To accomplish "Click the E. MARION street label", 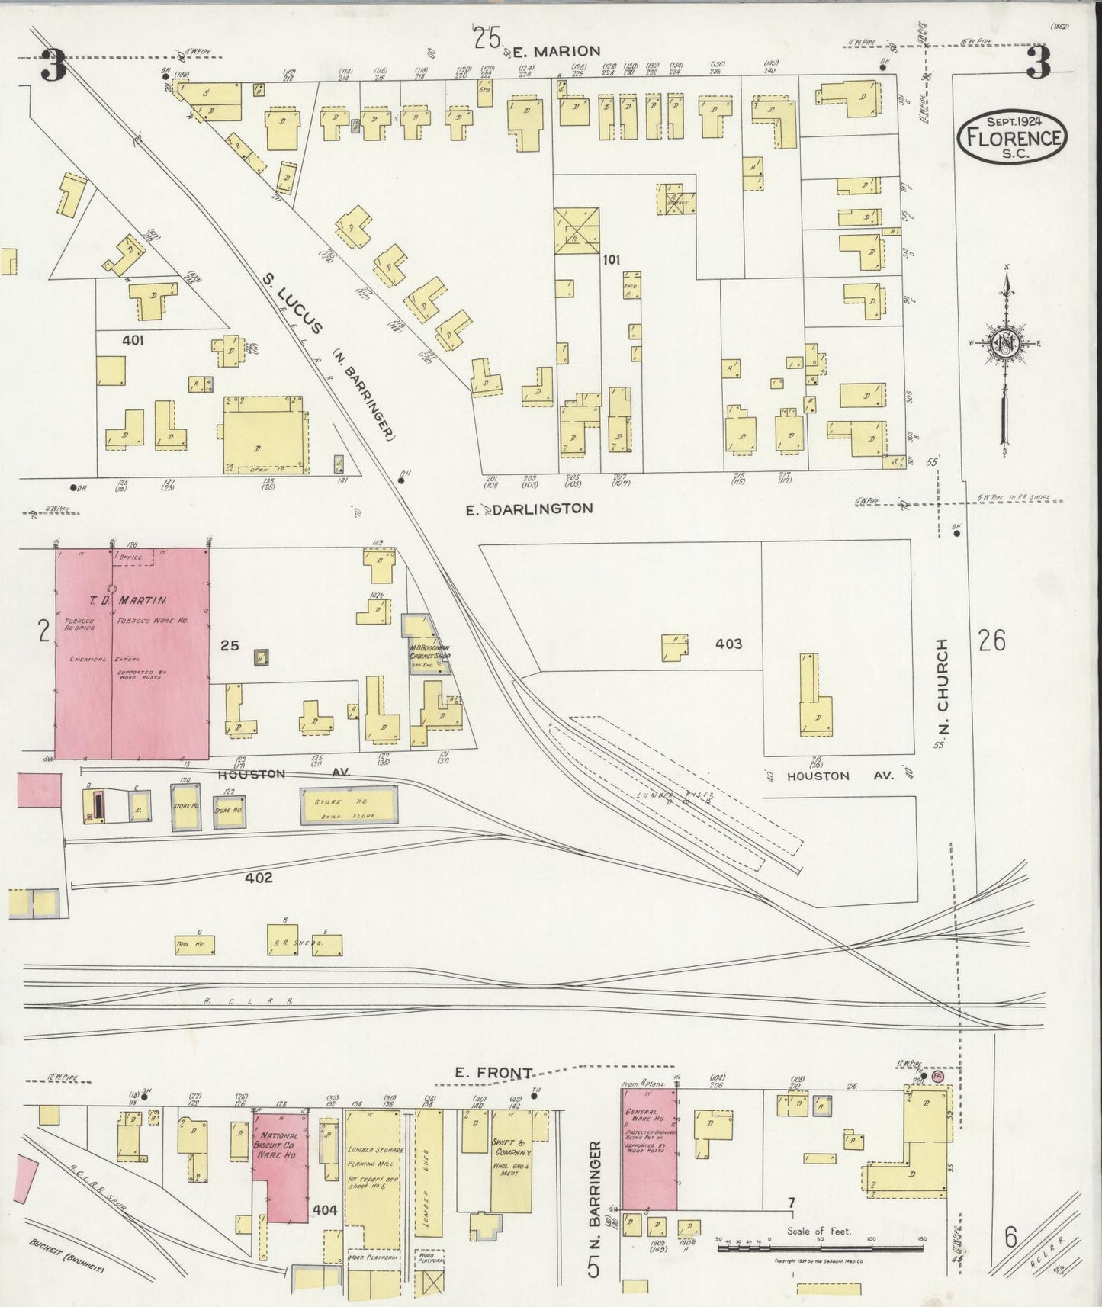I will click(x=555, y=51).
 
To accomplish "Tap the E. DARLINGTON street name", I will click(x=529, y=508).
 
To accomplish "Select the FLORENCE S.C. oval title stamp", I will click(x=1013, y=137).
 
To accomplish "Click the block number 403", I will click(x=728, y=644).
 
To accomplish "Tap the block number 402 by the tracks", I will click(x=259, y=878).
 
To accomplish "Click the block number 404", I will click(x=324, y=1209).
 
